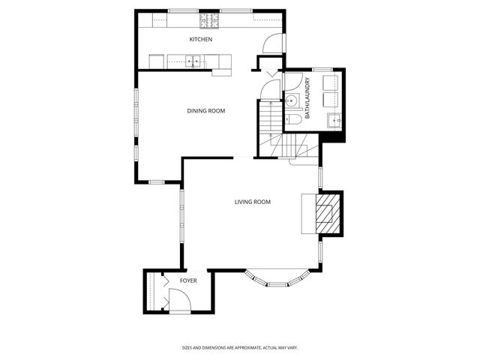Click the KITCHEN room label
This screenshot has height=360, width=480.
(201, 39)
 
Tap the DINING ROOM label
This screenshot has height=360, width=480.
(206, 111)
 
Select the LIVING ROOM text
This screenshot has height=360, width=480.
(252, 202)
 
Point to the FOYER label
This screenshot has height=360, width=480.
(188, 281)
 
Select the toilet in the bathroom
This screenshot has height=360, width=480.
(295, 118)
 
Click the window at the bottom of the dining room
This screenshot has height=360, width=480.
(159, 181)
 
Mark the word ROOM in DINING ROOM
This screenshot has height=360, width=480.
(217, 111)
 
